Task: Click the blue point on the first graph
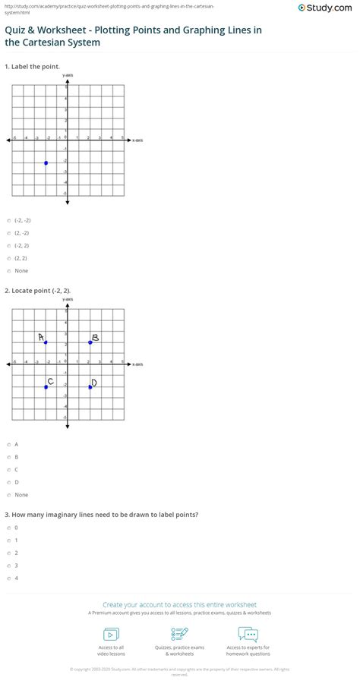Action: coord(46,162)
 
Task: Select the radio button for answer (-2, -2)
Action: coord(8,220)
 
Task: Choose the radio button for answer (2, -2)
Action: coord(8,233)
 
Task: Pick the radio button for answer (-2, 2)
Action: coord(8,245)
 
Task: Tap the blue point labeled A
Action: coord(46,342)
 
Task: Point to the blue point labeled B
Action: coord(90,342)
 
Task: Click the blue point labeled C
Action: coord(46,387)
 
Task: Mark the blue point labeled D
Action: coord(90,387)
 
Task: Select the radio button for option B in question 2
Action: coord(8,457)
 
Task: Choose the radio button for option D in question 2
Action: coord(8,482)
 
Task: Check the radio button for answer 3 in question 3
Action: coord(8,565)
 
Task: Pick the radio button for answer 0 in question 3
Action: coord(8,527)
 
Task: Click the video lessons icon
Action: coord(111,634)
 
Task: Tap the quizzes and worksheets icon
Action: coord(180,633)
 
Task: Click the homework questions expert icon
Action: coord(248,633)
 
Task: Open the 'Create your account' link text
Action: coord(180,605)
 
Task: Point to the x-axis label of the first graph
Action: coord(137,140)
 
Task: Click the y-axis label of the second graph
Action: coord(68,300)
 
